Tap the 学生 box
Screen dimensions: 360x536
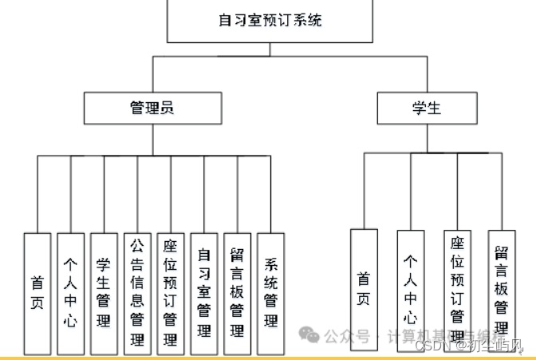point(428,108)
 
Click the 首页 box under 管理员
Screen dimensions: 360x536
point(37,293)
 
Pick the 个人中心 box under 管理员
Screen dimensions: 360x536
point(71,293)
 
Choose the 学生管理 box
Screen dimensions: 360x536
point(104,293)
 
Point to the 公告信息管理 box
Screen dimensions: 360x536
point(138,293)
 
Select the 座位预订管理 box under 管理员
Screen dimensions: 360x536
point(171,293)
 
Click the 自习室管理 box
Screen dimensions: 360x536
point(204,293)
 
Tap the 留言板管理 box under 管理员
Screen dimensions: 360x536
point(238,293)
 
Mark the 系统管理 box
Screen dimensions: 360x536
point(271,293)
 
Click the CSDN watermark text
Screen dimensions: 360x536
point(434,346)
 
